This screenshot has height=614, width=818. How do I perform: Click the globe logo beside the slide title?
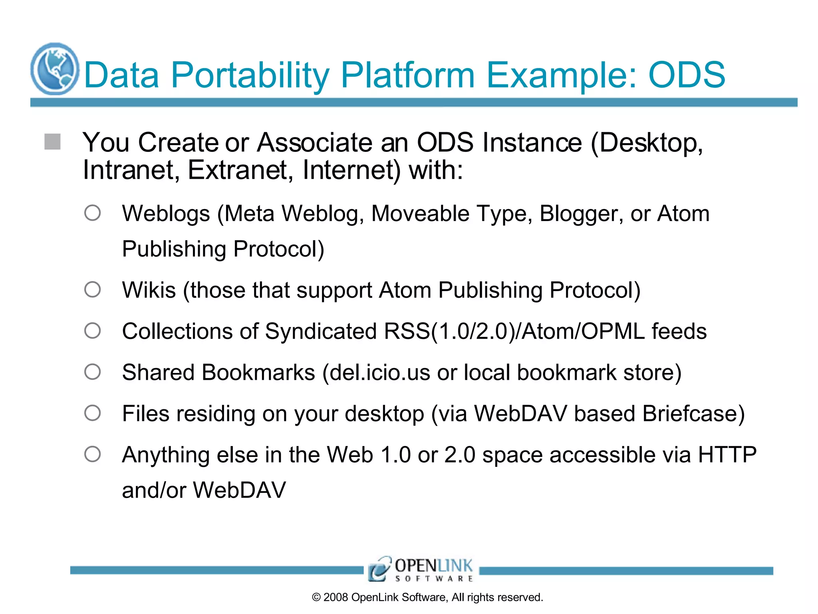[x=55, y=69]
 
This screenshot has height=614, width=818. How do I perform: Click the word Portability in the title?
[x=250, y=75]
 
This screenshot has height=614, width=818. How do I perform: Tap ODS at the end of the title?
[x=687, y=75]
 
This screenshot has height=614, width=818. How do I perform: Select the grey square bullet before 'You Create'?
[x=52, y=142]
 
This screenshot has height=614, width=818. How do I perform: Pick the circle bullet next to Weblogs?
[x=92, y=213]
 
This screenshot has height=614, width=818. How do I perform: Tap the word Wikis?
[x=149, y=290]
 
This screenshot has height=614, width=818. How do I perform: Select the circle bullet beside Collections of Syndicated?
[x=92, y=331]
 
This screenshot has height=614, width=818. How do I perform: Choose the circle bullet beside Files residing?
[x=92, y=413]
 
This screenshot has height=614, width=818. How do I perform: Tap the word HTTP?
[x=727, y=455]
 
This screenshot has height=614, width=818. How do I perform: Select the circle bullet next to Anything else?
[x=92, y=454]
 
